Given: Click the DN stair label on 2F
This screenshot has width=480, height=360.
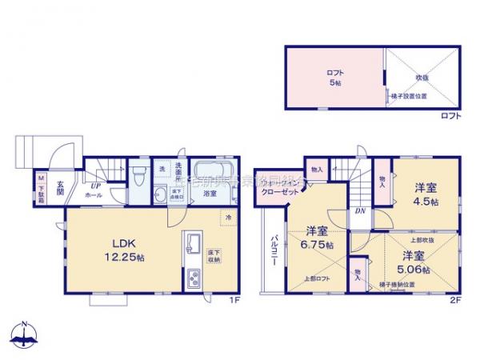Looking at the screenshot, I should [x=361, y=212].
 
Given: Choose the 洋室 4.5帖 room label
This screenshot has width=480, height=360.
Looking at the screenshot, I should [x=425, y=194].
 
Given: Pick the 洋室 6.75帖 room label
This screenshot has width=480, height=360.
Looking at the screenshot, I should [x=317, y=237].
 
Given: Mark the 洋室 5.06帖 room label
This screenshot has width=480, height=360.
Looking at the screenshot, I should [x=414, y=262].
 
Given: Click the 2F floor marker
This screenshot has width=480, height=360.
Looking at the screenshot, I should [x=454, y=300].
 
